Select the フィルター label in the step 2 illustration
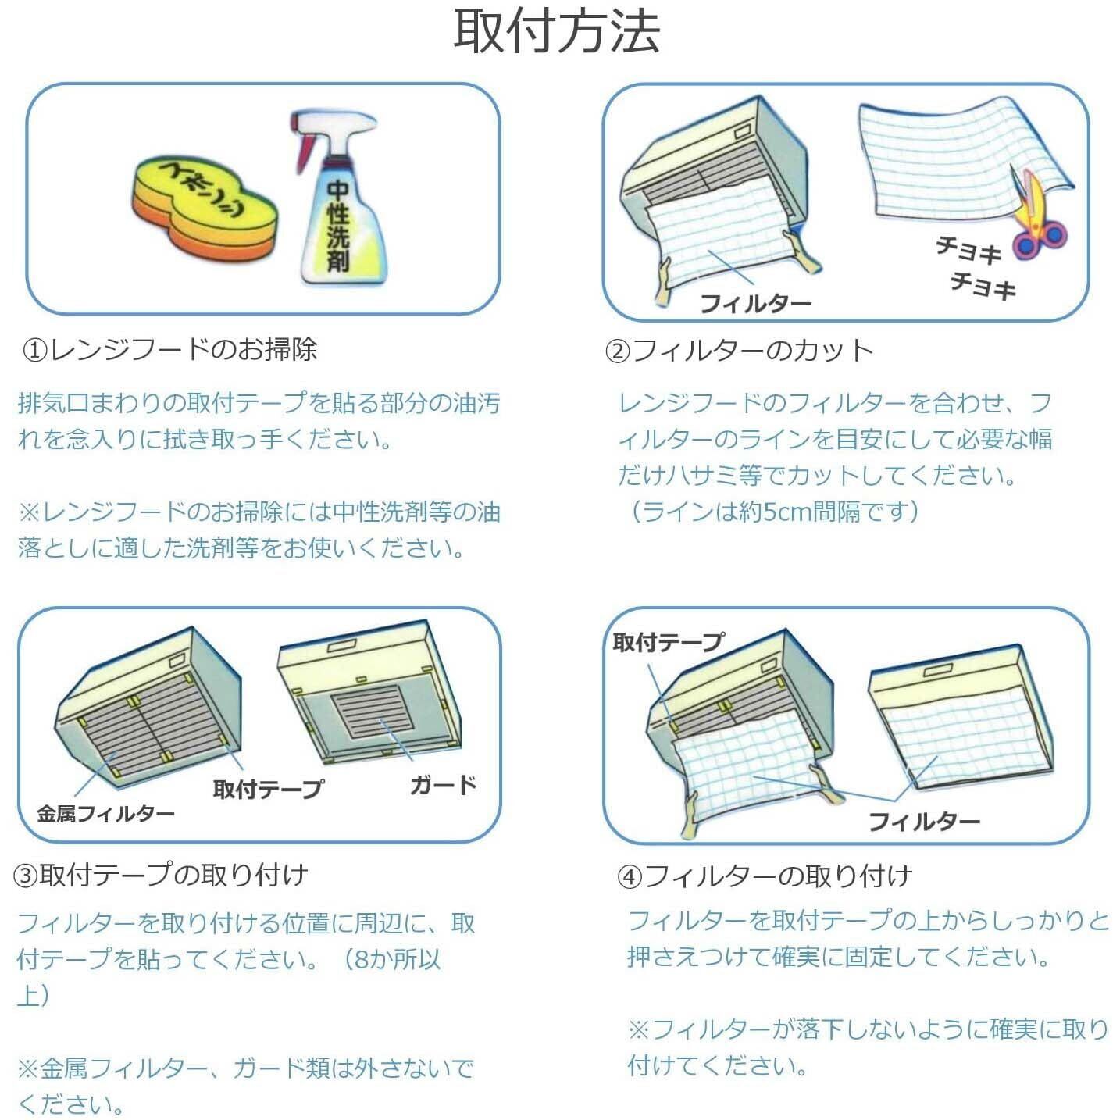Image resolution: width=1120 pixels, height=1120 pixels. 755,302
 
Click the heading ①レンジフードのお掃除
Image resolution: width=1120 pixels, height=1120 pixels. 169,349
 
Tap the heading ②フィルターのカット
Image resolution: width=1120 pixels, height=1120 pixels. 739,351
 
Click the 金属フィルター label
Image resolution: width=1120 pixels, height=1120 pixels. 105,814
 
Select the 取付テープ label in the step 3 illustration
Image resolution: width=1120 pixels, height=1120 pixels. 268,789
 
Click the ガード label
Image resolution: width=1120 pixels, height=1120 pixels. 443,784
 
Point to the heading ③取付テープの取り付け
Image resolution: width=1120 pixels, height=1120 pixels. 162,875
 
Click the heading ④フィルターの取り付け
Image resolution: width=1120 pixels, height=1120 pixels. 765,876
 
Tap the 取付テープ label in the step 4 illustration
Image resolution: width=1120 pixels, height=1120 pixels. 668,642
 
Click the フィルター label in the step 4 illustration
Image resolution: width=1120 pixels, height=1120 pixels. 924,821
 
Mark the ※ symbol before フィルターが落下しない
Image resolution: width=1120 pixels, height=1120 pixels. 639,1029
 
